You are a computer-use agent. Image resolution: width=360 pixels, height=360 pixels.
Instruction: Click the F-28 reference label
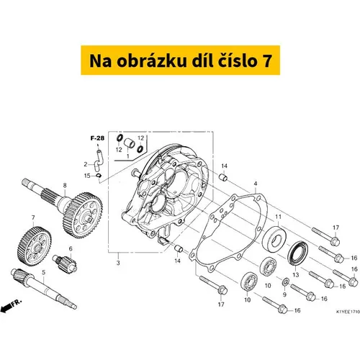pyautogui.click(x=97, y=138)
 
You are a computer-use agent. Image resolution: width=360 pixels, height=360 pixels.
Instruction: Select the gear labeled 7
pyautogui.click(x=35, y=246)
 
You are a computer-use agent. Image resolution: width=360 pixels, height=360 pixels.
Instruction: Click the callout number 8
pyautogui.click(x=65, y=186)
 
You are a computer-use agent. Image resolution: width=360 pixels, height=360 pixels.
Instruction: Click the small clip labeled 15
pyautogui.click(x=99, y=176)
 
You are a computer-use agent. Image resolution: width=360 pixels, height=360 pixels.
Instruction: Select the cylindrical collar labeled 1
pyautogui.click(x=129, y=143)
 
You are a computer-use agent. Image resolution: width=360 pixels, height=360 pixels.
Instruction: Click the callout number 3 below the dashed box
pyautogui.click(x=118, y=263)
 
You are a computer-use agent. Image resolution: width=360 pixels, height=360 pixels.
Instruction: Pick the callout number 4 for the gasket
pyautogui.click(x=256, y=184)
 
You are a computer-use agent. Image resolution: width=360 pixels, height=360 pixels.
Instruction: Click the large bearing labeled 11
pyautogui.click(x=274, y=238)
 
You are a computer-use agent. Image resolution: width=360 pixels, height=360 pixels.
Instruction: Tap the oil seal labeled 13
pyautogui.click(x=298, y=253)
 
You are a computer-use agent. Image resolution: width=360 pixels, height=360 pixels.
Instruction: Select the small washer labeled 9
pyautogui.click(x=286, y=282)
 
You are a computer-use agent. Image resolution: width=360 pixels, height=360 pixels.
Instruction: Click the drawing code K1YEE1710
pyautogui.click(x=348, y=312)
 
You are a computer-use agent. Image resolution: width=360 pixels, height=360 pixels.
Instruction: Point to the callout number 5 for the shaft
pyautogui.click(x=43, y=272)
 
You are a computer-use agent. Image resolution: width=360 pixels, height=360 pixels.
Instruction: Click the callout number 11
pyautogui.click(x=278, y=217)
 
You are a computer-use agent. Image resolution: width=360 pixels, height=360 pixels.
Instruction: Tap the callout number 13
pyautogui.click(x=296, y=274)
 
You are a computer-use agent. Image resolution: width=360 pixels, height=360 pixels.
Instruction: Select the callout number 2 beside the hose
pyautogui.click(x=86, y=164)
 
